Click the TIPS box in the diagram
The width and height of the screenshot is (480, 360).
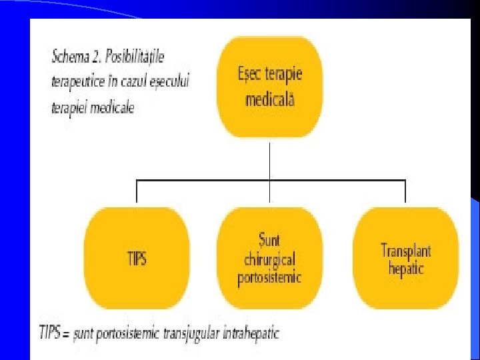click(137, 258)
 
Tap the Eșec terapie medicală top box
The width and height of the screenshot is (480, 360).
click(270, 87)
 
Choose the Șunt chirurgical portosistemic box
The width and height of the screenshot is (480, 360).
click(269, 258)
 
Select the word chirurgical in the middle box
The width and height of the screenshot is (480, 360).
click(269, 259)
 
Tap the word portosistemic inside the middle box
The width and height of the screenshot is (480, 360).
click(269, 277)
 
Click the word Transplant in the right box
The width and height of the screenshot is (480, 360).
click(405, 251)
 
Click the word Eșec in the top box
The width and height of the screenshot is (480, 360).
click(249, 73)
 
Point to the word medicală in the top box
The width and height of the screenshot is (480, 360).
click(270, 100)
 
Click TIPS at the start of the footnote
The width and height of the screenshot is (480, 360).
click(53, 332)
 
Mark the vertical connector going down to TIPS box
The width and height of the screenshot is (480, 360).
click(137, 191)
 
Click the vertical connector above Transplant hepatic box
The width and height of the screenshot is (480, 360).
click(405, 191)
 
